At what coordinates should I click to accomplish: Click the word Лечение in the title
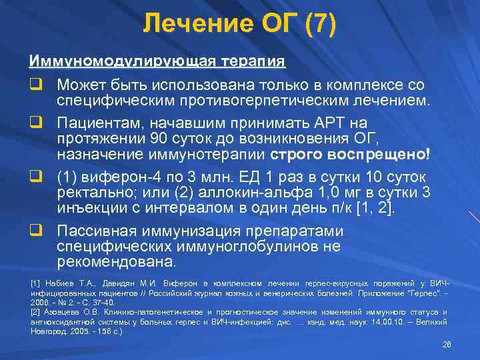pos(189,25)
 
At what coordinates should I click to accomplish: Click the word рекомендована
pos(117,261)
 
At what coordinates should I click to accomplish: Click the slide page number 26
pos(446,343)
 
